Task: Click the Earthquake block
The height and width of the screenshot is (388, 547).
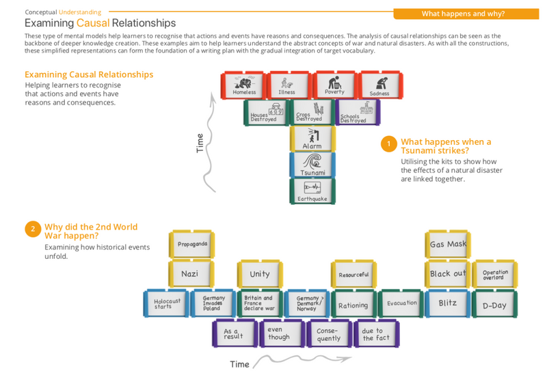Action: [x=312, y=191]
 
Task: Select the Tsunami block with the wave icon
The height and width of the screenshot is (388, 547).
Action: [x=312, y=165]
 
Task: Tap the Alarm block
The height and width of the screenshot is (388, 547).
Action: [x=312, y=139]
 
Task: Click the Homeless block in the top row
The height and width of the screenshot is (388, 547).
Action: [x=244, y=85]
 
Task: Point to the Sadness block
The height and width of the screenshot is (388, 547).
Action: [x=379, y=85]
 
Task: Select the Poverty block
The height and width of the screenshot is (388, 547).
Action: [x=334, y=85]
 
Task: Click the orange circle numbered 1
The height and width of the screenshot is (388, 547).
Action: [x=388, y=143]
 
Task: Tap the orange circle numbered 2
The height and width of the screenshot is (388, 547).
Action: [x=32, y=229]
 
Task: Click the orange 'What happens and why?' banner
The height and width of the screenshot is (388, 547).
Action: [x=463, y=14]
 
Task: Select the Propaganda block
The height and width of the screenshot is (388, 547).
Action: [x=192, y=244]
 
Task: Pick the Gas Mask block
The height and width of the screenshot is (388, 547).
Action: [x=448, y=244]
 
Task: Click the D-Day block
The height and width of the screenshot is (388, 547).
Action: [x=494, y=305]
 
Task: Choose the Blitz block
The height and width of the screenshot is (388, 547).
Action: [x=448, y=303]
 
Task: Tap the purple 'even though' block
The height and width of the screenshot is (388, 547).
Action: [x=279, y=333]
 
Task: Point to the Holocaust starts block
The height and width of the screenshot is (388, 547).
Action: [x=167, y=303]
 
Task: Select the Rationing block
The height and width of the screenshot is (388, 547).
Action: [x=353, y=305]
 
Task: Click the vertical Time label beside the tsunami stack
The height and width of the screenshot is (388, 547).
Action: [x=200, y=143]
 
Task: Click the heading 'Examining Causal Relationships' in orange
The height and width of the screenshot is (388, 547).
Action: [x=89, y=74]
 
